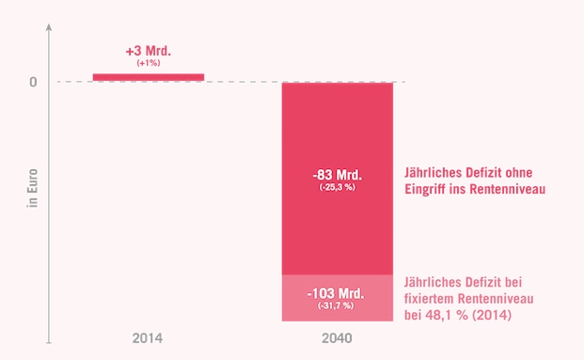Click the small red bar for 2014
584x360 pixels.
[x=149, y=77]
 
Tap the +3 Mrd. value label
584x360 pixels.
[x=149, y=51]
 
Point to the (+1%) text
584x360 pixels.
[x=149, y=63]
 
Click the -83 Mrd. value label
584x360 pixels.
[x=338, y=175]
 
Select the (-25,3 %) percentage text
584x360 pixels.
[x=338, y=188]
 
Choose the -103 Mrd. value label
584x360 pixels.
[x=338, y=292]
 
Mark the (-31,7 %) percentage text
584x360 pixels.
[x=338, y=305]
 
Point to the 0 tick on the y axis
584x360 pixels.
[x=33, y=82]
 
